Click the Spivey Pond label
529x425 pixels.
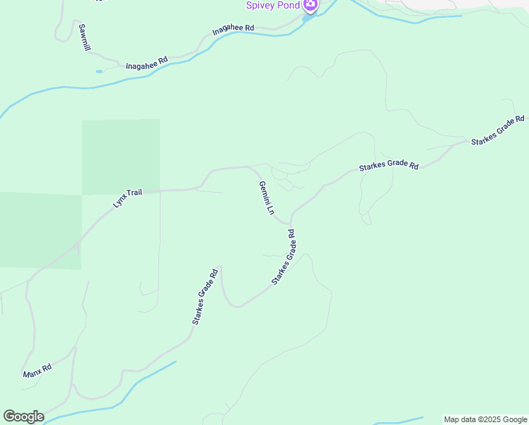[x=273, y=5]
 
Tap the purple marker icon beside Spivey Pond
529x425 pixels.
[x=310, y=5]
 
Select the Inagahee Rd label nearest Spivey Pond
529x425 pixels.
[x=233, y=30]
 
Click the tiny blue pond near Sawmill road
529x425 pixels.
[x=98, y=71]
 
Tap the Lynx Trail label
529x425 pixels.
[x=128, y=198]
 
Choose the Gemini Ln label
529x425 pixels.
[x=266, y=198]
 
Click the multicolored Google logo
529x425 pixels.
[x=23, y=416]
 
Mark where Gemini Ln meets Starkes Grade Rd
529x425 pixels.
[x=290, y=222]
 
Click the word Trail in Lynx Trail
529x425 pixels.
[x=134, y=193]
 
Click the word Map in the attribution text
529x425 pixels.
[x=453, y=419]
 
